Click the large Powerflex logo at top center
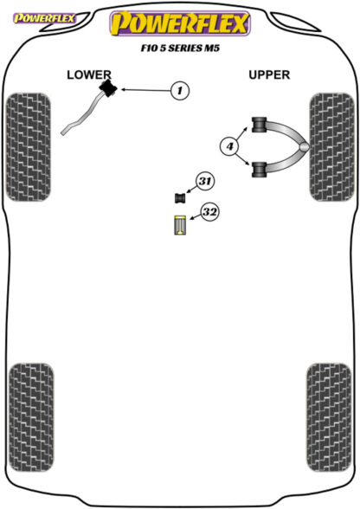click(180, 23)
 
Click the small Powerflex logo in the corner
click(44, 18)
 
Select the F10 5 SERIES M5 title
click(180, 48)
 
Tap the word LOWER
click(89, 75)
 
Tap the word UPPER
click(269, 75)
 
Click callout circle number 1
click(180, 90)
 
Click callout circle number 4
click(229, 146)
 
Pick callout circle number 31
click(204, 181)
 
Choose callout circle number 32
click(209, 212)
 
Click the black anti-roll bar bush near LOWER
click(108, 88)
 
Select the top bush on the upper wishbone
click(260, 125)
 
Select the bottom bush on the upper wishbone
click(260, 169)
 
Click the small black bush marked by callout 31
click(179, 198)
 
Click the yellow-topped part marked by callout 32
click(179, 225)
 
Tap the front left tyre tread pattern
click(29, 147)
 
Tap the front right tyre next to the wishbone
click(331, 147)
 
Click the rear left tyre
click(31, 417)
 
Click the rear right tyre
click(329, 417)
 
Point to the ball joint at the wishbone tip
click(305, 147)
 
